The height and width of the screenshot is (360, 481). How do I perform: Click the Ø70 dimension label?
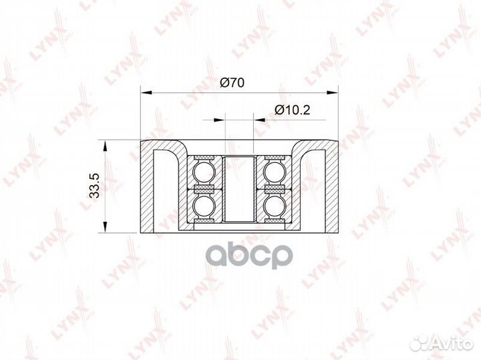(x=232, y=83)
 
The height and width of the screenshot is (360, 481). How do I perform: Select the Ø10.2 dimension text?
(x=293, y=110)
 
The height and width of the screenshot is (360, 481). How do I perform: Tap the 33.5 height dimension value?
(x=95, y=186)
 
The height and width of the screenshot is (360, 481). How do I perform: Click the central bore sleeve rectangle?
(x=239, y=188)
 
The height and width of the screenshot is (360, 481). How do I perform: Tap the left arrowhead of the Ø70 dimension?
(x=146, y=92)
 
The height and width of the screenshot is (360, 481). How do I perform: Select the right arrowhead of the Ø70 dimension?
(x=332, y=92)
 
